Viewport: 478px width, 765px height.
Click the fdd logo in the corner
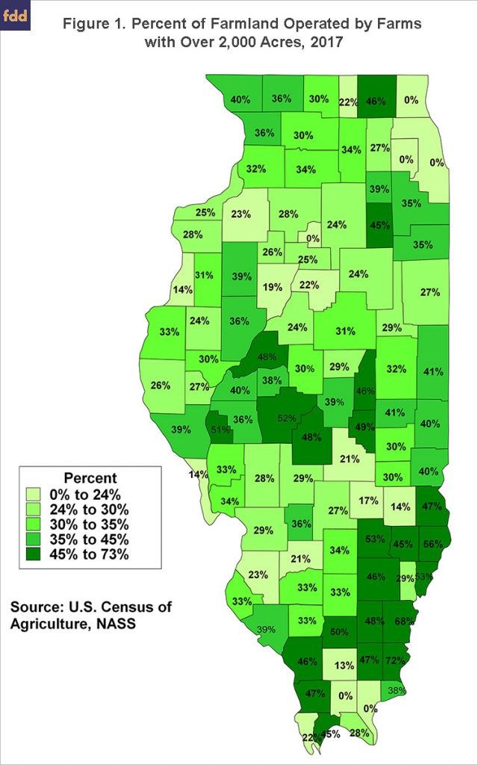[x=16, y=16]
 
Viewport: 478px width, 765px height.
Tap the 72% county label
[x=397, y=660]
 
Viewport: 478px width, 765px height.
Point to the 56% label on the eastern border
[x=432, y=543]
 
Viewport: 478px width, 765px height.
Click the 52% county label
[x=286, y=418]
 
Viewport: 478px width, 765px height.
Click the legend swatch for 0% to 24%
[x=34, y=493]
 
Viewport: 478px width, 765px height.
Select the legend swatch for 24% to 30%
[x=34, y=508]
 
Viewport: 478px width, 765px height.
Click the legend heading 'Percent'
[x=90, y=477]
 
